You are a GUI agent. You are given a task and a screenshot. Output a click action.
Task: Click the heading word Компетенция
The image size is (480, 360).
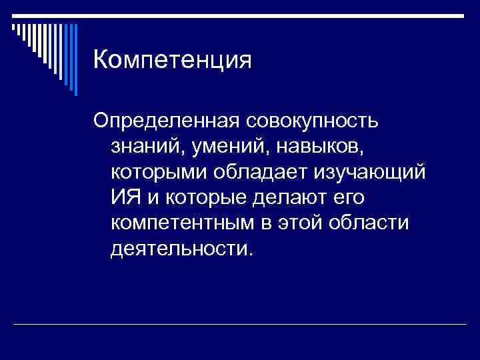pos(173,61)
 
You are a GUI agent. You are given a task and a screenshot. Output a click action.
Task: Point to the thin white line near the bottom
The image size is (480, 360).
pos(240,324)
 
